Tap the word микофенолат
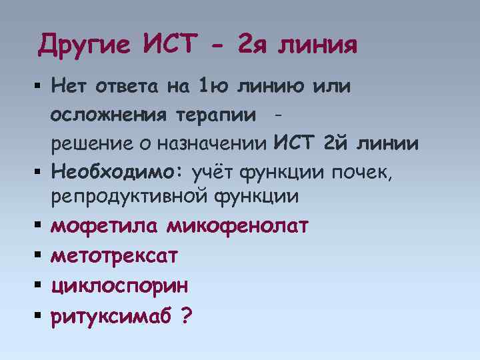click(237, 226)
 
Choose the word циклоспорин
click(119, 285)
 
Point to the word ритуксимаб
click(111, 315)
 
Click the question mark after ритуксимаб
click(185, 314)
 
